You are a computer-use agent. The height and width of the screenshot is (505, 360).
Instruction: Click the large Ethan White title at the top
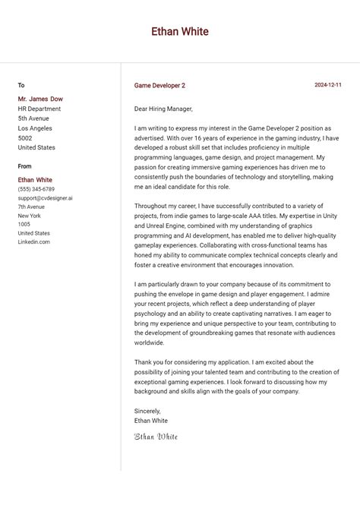click(180, 32)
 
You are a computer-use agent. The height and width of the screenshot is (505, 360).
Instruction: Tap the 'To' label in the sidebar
click(21, 86)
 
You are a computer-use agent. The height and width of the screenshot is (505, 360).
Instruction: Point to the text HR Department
click(39, 109)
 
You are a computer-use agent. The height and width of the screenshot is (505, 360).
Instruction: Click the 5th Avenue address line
click(33, 118)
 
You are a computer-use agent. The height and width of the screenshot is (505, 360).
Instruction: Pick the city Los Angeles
click(36, 128)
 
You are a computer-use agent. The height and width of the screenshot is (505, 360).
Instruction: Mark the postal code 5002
click(25, 138)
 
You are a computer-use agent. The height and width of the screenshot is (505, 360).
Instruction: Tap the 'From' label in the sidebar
click(25, 166)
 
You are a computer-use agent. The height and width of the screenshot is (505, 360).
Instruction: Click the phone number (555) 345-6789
click(36, 189)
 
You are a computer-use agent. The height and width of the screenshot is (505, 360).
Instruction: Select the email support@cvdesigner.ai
click(46, 198)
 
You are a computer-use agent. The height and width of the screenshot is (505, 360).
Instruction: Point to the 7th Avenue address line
click(31, 207)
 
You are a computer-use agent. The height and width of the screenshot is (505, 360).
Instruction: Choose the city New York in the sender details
click(30, 216)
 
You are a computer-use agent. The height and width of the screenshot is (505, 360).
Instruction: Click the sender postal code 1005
click(24, 225)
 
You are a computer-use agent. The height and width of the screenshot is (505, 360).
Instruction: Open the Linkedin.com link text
click(33, 242)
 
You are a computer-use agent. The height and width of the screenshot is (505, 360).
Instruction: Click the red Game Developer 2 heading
click(159, 86)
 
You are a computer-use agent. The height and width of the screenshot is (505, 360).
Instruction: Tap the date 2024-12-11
click(328, 85)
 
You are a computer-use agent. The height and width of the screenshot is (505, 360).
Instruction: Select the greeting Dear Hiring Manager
click(163, 109)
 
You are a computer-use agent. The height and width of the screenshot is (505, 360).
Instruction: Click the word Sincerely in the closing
click(147, 411)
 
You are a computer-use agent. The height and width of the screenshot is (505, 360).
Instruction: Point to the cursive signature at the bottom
click(156, 437)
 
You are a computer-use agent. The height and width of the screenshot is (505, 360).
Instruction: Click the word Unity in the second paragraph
click(330, 216)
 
